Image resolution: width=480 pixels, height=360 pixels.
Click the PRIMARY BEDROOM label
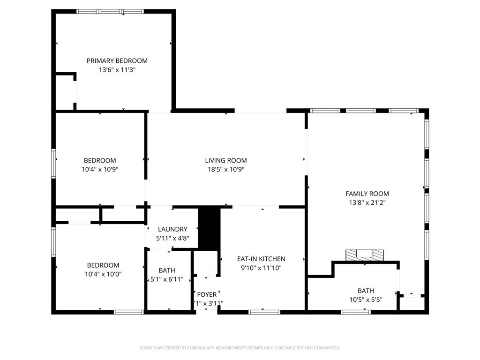coord(117,60)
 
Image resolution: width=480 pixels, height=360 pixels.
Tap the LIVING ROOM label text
coord(225,160)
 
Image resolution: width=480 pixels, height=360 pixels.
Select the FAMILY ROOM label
coord(367,194)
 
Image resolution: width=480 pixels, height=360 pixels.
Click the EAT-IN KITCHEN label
coord(261,259)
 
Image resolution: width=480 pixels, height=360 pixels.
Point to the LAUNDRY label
coord(172,229)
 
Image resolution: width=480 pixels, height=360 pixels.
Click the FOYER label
coord(207,294)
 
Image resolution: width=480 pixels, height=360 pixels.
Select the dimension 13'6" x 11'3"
coord(117,70)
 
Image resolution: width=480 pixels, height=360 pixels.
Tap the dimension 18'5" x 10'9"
coord(225,170)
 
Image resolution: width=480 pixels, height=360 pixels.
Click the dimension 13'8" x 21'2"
coord(367,203)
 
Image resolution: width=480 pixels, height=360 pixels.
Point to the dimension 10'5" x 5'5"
coord(366,300)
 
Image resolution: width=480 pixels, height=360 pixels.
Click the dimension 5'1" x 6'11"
coord(167,280)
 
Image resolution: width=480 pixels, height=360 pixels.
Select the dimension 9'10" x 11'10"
coord(261,268)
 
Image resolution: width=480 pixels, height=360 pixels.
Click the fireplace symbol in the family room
coord(365,255)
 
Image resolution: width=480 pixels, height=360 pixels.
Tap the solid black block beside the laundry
coord(209,228)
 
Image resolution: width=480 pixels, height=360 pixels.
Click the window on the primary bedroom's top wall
coord(110,11)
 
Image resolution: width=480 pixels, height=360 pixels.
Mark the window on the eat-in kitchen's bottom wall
coord(264,312)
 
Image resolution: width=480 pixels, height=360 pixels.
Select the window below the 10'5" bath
coord(356,312)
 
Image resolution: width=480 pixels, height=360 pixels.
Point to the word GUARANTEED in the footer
coord(324,348)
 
